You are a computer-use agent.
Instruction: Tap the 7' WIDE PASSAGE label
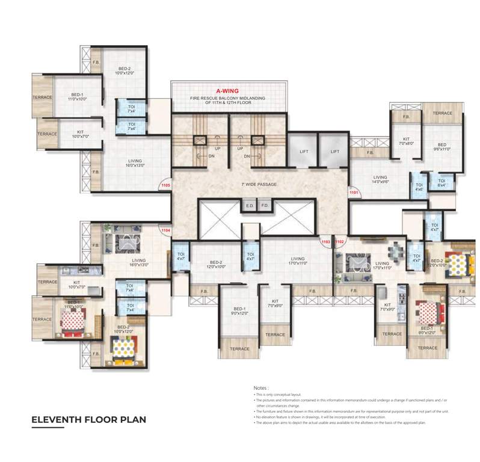click(x=259, y=184)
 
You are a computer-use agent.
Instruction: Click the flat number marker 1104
click(x=165, y=230)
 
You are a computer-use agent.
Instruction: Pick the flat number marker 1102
click(x=339, y=241)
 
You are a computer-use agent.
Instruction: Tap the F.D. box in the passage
click(x=265, y=206)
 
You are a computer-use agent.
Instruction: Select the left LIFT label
click(x=304, y=152)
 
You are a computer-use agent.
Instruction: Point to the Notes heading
click(x=261, y=388)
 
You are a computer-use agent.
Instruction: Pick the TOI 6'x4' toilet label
click(x=442, y=183)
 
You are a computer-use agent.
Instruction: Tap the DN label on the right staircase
click(x=247, y=156)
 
